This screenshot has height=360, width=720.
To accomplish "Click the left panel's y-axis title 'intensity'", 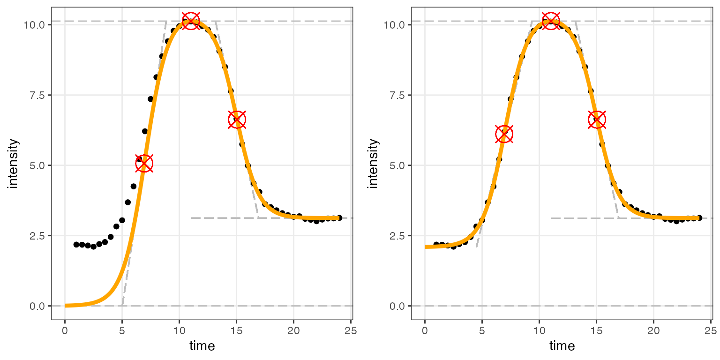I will click(13, 163).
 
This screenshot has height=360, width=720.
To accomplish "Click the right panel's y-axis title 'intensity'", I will click(373, 163).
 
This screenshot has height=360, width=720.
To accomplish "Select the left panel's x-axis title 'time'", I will click(202, 346).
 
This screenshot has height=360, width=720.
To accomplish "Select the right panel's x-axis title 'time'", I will click(562, 346).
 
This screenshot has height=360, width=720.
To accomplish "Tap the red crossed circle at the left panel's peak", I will click(190, 21).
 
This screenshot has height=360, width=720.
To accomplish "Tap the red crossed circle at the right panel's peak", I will click(550, 21).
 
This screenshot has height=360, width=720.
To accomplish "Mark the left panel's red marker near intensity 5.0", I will click(144, 163).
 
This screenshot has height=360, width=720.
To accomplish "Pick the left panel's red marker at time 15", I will click(237, 120).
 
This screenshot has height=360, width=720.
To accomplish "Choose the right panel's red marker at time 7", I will click(504, 134).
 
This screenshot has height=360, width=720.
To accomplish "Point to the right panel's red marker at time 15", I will click(597, 120).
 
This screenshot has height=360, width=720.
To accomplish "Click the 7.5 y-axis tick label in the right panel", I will click(396, 95).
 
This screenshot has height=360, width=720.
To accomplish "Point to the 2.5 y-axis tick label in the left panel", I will click(36, 236).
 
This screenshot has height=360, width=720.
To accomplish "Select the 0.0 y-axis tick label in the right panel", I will click(396, 306).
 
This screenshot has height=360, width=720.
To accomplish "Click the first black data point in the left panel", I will click(76, 245).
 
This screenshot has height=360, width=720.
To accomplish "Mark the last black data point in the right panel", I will click(699, 217).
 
